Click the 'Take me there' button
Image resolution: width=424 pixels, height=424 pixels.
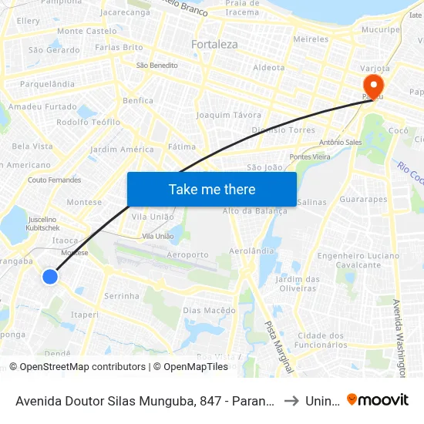coord(212,189)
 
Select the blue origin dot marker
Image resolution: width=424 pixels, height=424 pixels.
coord(50,276)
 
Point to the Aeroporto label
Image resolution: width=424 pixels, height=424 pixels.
coord(187,254)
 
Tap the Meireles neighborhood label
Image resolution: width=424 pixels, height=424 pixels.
coord(311,39)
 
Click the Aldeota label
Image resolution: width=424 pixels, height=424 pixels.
coord(269,68)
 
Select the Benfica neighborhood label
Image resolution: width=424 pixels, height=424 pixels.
coord(137,100)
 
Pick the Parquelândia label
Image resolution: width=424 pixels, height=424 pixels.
coord(47,83)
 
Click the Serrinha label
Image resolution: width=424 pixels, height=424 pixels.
coord(122,296)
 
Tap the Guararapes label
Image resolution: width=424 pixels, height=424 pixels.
coord(363,199)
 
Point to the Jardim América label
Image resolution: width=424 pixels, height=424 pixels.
coord(122,150)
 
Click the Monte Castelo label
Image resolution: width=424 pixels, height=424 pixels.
coord(86,31)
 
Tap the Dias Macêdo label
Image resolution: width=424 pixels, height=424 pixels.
coord(209,311)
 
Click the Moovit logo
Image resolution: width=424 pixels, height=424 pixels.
coord(378,399)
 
